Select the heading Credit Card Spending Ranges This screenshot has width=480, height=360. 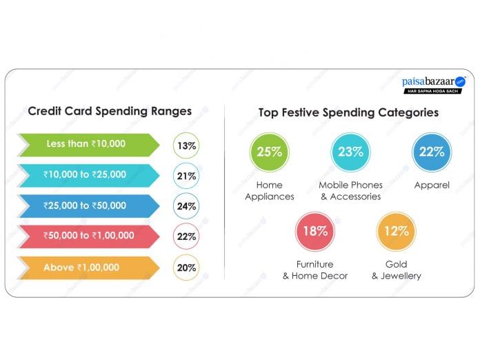110,111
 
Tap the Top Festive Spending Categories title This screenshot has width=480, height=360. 348,112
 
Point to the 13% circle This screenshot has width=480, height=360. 186,146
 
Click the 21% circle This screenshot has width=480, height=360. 186,176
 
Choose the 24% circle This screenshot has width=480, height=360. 186,206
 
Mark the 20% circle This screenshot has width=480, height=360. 186,268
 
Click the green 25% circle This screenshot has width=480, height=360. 269,152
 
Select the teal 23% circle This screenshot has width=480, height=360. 350,152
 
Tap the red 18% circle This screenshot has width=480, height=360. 315,231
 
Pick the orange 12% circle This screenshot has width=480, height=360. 397,231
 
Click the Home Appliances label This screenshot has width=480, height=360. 270,191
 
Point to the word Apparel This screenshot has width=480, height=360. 432,186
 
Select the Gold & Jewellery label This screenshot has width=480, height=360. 397,270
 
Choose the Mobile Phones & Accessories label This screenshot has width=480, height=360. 350,191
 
